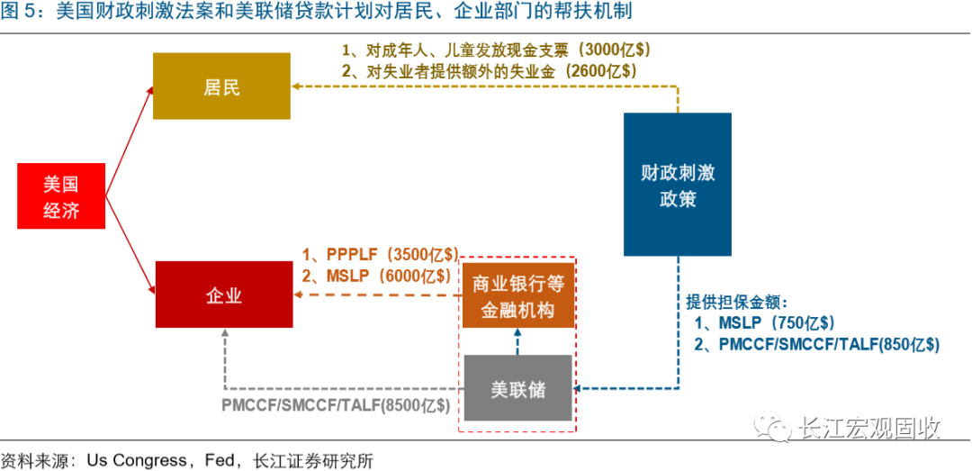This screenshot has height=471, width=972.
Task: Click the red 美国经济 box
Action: (x=61, y=196)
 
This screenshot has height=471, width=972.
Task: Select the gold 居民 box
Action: (x=221, y=86)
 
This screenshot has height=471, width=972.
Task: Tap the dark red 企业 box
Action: (x=223, y=294)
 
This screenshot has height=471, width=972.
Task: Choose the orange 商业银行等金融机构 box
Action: (x=517, y=296)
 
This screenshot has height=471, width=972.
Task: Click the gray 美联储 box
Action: (x=517, y=388)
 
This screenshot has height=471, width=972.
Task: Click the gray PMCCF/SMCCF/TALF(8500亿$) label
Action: (x=336, y=405)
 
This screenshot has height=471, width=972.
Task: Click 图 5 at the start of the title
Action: (x=21, y=12)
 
